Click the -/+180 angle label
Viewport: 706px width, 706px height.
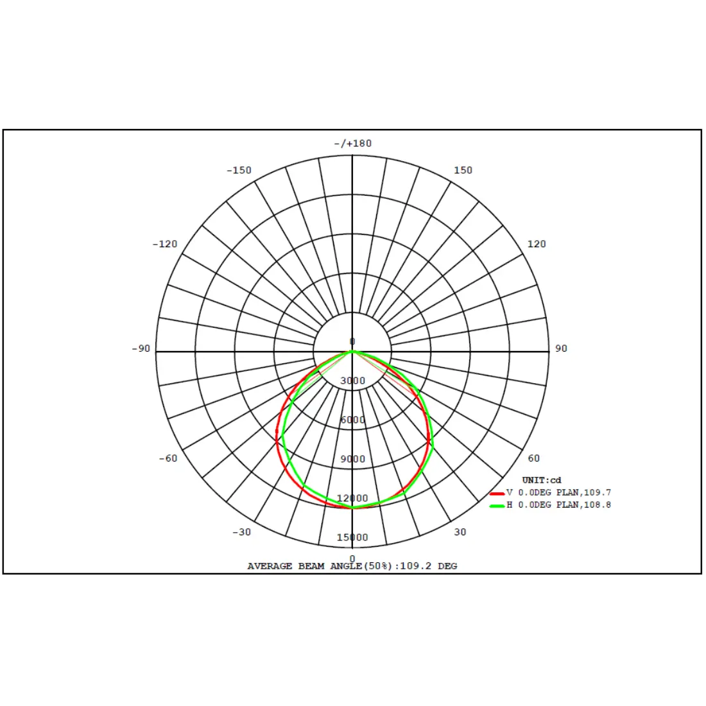click(352, 144)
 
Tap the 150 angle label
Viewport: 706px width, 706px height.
click(463, 170)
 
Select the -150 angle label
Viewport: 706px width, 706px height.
click(239, 170)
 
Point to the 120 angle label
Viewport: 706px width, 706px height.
click(537, 244)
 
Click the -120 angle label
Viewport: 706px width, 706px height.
click(165, 244)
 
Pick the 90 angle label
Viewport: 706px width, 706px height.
click(561, 349)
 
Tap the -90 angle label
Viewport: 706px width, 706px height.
click(141, 349)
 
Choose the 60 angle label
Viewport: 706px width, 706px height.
click(533, 458)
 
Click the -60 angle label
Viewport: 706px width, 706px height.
click(168, 458)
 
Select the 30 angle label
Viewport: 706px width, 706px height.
click(460, 532)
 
